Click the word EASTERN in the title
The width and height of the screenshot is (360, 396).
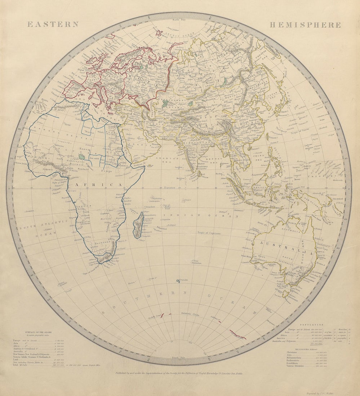[x=53, y=24]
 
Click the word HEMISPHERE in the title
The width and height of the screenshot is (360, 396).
[x=305, y=25]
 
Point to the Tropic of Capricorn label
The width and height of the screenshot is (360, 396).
[x=210, y=233]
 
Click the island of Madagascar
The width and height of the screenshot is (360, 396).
[x=138, y=226]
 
